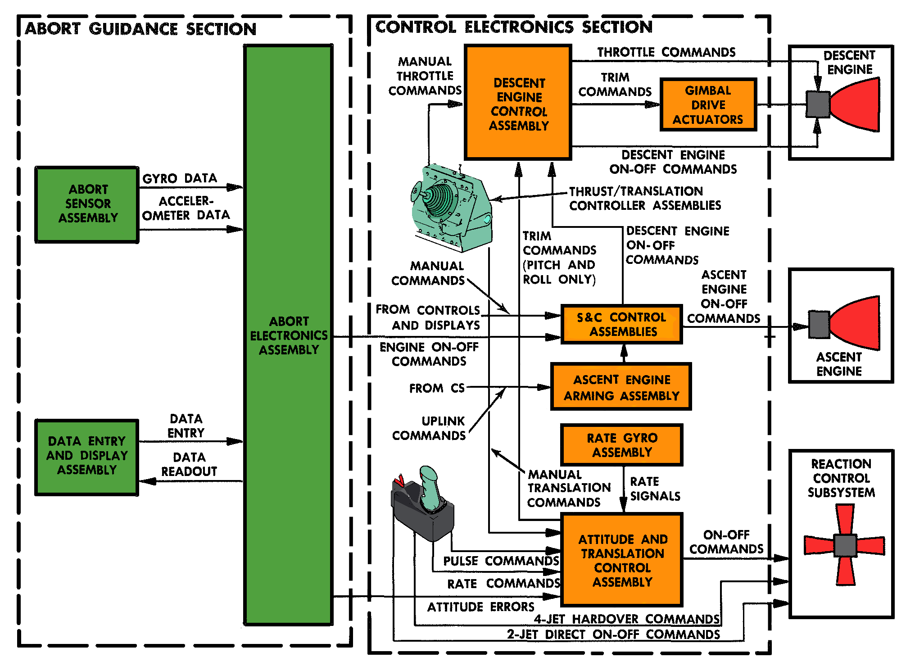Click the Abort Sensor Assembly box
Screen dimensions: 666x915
87,204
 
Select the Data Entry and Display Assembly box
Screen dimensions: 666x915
87,457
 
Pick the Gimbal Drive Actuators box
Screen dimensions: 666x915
708,105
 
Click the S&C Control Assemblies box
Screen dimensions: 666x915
621,324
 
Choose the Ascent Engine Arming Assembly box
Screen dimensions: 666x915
621,387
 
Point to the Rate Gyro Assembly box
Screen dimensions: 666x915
621,445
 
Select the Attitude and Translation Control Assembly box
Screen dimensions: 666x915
622,560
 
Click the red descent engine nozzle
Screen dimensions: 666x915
858,104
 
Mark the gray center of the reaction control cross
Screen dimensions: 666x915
845,545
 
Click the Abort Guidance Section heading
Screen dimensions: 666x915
140,29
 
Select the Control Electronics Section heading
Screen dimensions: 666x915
514,27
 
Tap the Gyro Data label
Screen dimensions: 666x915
180,178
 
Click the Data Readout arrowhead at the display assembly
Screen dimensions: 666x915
147,481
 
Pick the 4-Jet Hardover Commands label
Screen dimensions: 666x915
627,619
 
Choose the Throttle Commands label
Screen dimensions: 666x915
666,52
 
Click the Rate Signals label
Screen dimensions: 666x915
655,489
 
